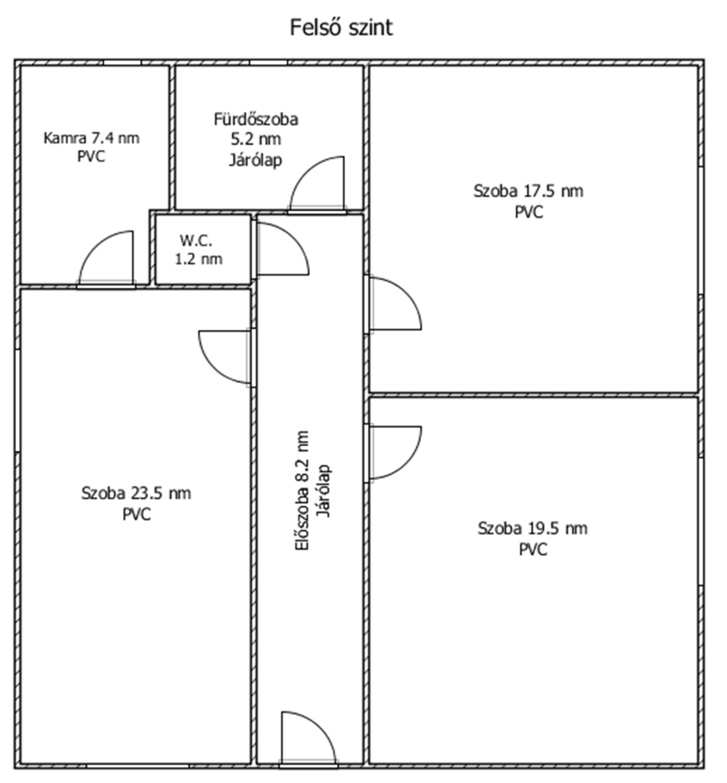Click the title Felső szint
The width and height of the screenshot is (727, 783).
(341, 28)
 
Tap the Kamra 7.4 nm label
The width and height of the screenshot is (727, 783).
(91, 139)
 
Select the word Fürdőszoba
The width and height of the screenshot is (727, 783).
(256, 119)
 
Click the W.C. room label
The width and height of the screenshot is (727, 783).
(196, 241)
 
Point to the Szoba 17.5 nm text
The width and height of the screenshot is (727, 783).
(528, 191)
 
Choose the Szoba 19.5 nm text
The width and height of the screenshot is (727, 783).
(533, 528)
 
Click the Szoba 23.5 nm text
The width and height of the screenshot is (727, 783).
(136, 493)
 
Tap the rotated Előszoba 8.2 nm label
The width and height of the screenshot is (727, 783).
(302, 490)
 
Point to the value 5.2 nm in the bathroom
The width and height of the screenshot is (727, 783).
(256, 139)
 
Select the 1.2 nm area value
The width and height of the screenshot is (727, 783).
(198, 259)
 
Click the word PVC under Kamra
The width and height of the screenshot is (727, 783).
(91, 157)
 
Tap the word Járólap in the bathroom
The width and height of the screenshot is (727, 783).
(256, 161)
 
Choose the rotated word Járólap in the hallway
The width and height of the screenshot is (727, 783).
(323, 491)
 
